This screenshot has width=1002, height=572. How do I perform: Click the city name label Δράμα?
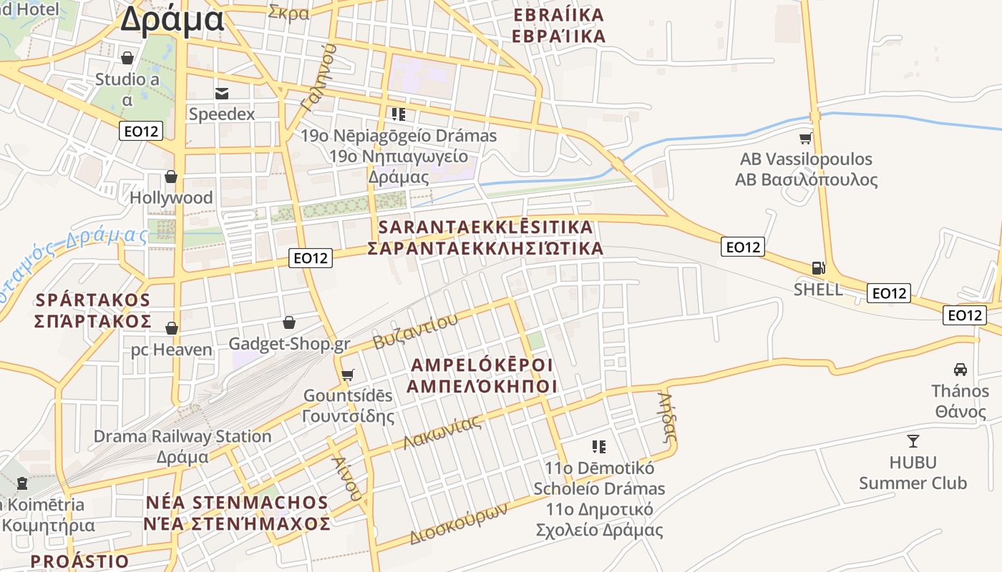tap(172, 19)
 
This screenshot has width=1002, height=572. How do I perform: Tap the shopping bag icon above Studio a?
tap(127, 58)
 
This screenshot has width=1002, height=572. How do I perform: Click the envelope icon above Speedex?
tap(222, 93)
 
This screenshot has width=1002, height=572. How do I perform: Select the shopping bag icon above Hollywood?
tap(171, 177)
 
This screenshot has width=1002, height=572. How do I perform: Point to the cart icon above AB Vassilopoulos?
tap(806, 138)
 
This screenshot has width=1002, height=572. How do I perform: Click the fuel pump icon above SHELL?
tap(818, 268)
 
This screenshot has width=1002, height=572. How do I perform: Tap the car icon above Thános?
tap(960, 370)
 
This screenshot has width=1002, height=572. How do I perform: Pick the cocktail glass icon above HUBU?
tap(913, 440)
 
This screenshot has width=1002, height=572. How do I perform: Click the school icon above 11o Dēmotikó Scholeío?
tap(599, 447)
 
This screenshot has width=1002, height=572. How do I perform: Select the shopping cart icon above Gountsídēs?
tap(348, 375)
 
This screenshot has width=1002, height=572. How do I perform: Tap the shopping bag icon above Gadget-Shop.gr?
tap(289, 322)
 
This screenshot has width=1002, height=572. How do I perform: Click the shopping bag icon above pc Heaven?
tap(172, 328)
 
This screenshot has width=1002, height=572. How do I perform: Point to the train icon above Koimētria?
tap(21, 483)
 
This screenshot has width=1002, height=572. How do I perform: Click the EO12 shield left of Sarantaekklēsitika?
tap(311, 258)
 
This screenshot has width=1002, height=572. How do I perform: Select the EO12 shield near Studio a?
tap(141, 131)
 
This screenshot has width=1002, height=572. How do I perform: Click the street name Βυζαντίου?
tap(416, 332)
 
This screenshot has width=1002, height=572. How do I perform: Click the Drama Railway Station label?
tap(183, 436)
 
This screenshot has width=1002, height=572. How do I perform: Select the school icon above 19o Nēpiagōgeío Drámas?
tap(399, 114)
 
